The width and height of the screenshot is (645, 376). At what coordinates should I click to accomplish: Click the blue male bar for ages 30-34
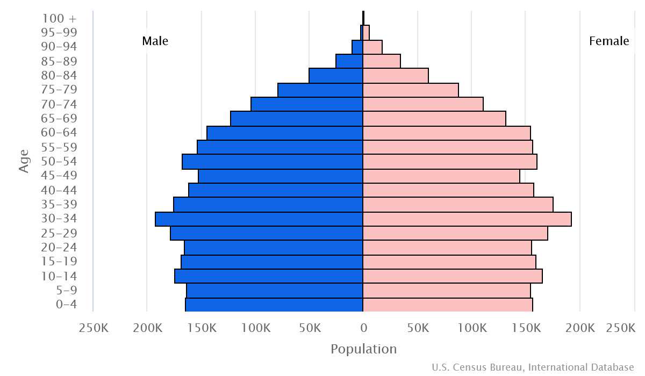[259, 219]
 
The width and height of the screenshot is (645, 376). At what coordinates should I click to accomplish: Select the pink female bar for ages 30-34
[467, 219]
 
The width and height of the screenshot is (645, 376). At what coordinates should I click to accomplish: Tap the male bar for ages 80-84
[336, 76]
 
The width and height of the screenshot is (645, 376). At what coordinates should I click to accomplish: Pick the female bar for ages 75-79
[411, 90]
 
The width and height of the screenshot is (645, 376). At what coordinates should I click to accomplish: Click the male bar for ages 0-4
[274, 305]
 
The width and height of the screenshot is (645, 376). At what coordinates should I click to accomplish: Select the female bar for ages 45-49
[441, 176]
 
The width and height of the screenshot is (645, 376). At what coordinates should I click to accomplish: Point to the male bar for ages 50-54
[273, 162]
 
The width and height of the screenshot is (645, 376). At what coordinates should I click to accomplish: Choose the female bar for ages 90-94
[372, 47]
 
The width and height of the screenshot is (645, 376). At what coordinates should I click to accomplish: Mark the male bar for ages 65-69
[297, 119]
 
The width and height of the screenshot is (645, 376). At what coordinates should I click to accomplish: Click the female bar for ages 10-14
[453, 276]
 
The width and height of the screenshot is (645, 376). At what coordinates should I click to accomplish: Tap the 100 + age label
[59, 18]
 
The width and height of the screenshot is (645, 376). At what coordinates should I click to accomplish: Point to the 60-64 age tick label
[59, 133]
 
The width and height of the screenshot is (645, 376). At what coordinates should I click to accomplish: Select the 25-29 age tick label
[59, 233]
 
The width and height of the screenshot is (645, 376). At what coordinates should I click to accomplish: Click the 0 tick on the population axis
[363, 328]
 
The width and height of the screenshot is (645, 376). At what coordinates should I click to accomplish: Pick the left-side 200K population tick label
[147, 328]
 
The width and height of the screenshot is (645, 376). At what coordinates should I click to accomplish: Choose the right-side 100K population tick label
[472, 328]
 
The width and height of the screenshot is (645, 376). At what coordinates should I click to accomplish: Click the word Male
[155, 41]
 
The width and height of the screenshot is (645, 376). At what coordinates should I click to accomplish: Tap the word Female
[609, 41]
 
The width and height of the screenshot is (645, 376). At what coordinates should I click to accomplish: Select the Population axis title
[363, 349]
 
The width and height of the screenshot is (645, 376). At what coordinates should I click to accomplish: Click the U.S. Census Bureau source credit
[533, 367]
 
